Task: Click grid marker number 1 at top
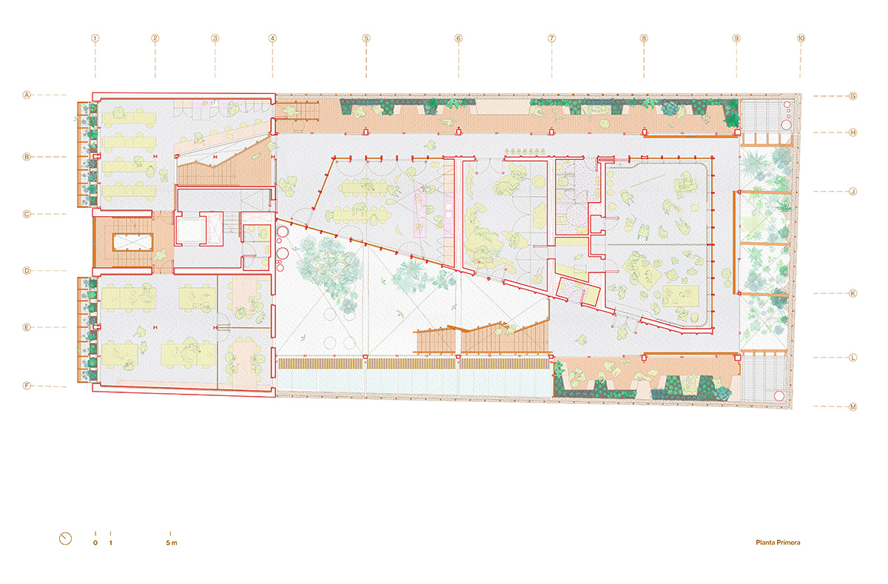click(95, 38)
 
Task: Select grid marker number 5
click(366, 38)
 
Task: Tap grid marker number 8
click(644, 38)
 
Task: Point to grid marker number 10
click(801, 38)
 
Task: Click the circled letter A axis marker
click(27, 95)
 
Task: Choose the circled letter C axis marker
click(27, 214)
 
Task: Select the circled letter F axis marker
click(27, 386)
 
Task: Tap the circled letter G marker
click(853, 96)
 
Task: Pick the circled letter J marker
click(853, 192)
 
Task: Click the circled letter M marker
click(853, 407)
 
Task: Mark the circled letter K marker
click(853, 293)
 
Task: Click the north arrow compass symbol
click(65, 538)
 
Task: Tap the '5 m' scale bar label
click(172, 543)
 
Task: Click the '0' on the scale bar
click(95, 543)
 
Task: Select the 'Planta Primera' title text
click(778, 543)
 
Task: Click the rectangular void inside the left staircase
click(132, 242)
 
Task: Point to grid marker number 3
click(215, 38)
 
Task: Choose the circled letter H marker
click(853, 132)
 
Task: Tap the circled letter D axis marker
click(27, 271)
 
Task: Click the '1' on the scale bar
click(110, 543)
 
